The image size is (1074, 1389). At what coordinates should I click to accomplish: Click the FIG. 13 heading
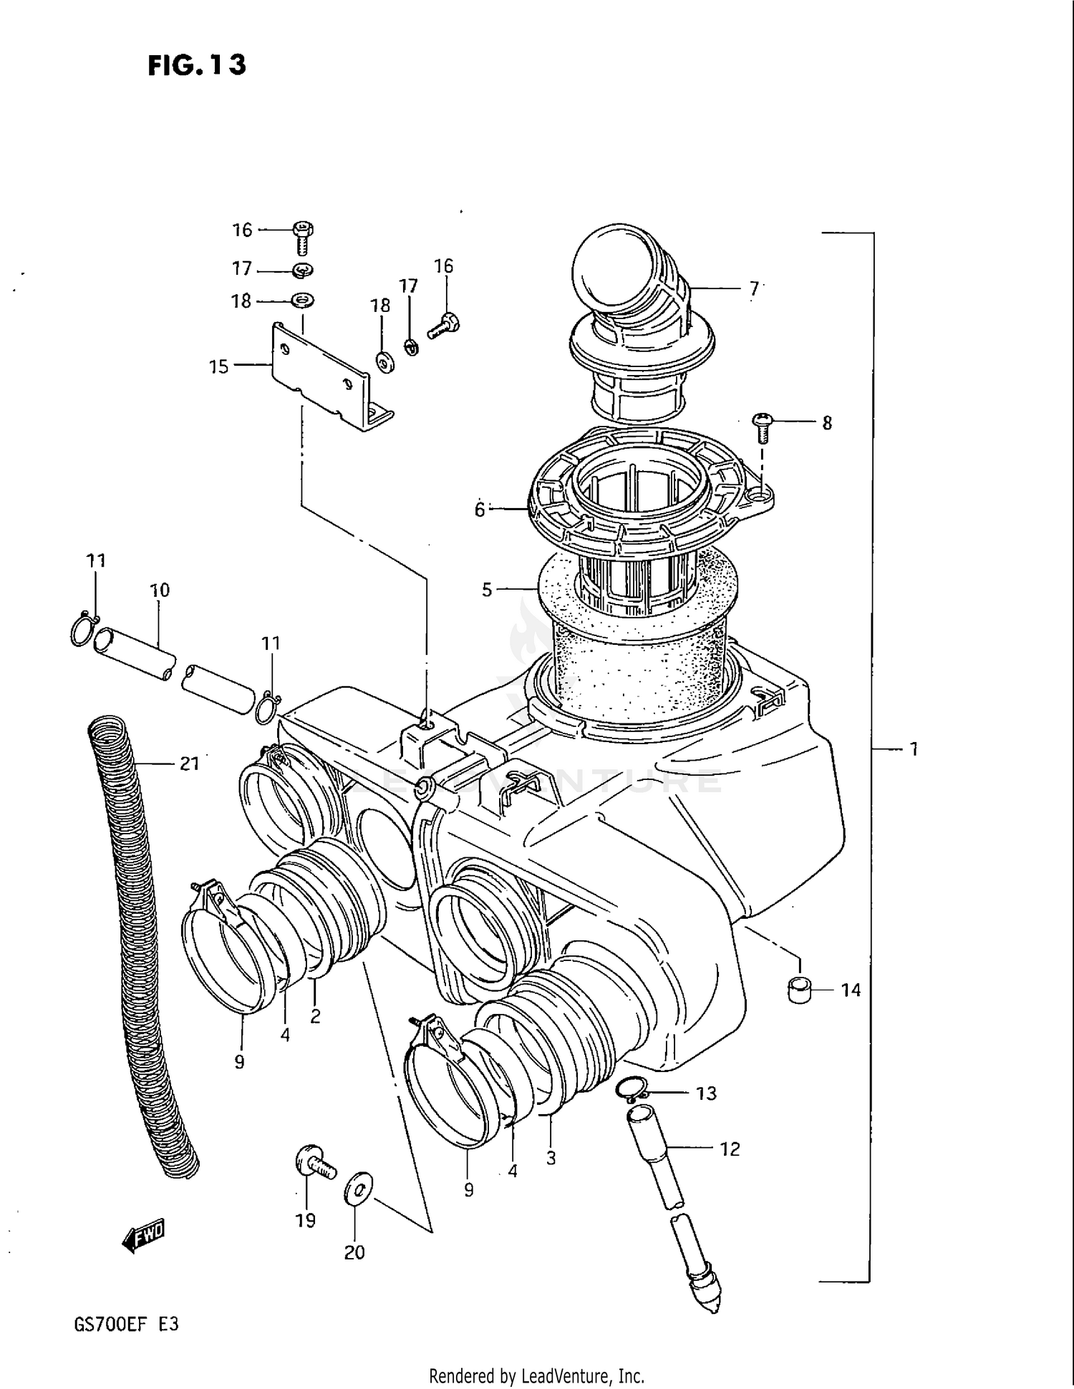pos(197,65)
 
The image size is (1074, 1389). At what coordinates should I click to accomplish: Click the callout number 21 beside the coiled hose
pos(189,764)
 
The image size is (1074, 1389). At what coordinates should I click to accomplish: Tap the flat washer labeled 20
pos(357,1189)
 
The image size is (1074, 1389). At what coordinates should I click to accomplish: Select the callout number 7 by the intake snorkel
pos(753,288)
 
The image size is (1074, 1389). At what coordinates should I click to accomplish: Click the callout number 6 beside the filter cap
pos(480,510)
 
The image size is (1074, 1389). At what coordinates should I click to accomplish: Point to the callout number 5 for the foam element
pos(487,590)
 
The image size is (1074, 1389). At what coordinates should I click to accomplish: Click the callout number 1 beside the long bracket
pos(914,749)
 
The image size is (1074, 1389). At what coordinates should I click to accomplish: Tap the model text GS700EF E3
pos(126,1325)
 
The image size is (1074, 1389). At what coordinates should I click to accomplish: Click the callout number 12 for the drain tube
pos(730,1149)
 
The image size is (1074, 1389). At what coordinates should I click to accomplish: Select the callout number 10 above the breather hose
pos(160,590)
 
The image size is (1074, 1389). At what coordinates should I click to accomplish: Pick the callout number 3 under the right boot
pos(551,1158)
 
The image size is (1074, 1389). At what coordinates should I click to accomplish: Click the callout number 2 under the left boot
pos(315,1015)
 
